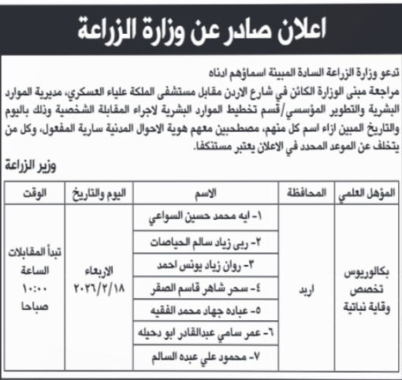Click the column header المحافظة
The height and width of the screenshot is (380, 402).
pos(300,193)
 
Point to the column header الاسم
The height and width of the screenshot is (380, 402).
pos(207,193)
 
